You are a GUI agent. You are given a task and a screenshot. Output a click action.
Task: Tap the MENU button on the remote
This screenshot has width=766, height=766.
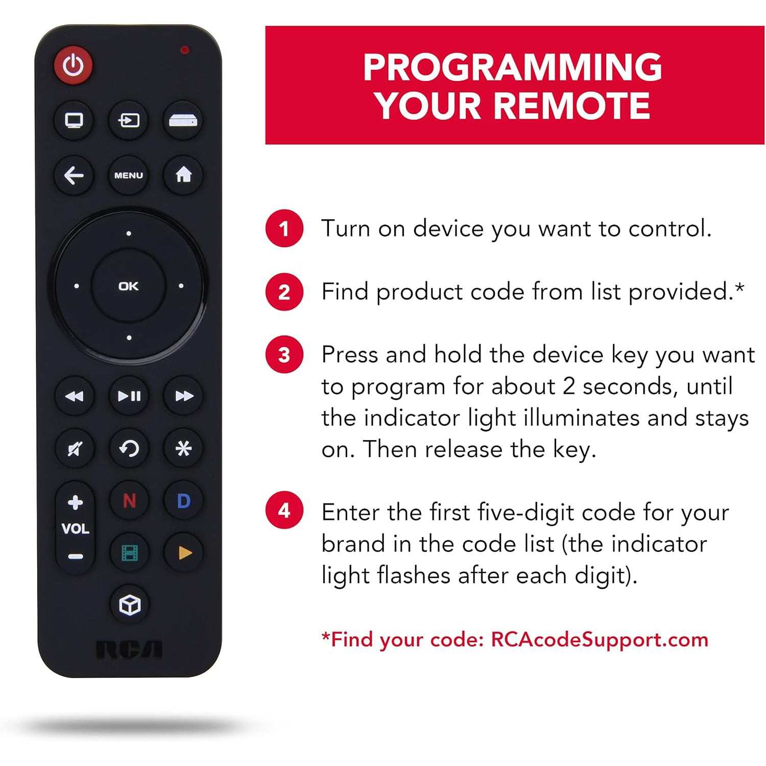tap(128, 175)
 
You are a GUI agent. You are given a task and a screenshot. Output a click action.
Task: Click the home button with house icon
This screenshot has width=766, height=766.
tap(183, 175)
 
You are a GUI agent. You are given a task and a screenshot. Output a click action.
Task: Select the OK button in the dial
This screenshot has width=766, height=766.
tap(128, 286)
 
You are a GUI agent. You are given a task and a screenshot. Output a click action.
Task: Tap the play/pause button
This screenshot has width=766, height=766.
tap(129, 396)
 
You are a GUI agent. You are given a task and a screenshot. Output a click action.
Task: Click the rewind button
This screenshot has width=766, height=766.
tap(75, 396)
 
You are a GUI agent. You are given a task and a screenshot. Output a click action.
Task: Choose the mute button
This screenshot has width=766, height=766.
tap(75, 449)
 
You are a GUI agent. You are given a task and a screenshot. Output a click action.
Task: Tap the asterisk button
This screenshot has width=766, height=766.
tap(183, 449)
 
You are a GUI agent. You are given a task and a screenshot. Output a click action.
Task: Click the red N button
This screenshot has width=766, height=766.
tap(129, 501)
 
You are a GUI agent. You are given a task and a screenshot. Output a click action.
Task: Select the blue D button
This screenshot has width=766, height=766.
tap(183, 501)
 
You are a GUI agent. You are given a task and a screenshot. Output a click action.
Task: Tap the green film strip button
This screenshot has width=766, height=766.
tap(129, 553)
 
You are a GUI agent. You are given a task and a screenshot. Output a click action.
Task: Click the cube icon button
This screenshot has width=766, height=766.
tap(129, 605)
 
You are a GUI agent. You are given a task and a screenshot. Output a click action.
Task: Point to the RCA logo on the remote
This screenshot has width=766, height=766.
tap(129, 650)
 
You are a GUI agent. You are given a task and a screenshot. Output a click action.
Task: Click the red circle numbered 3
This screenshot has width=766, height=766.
tap(284, 355)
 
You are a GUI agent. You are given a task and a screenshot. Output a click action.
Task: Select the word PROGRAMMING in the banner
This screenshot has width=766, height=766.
tap(513, 67)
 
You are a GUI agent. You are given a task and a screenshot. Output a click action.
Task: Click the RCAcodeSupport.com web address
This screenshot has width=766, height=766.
tap(600, 640)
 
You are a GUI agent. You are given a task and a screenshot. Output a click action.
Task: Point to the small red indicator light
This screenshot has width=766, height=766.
tap(184, 50)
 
